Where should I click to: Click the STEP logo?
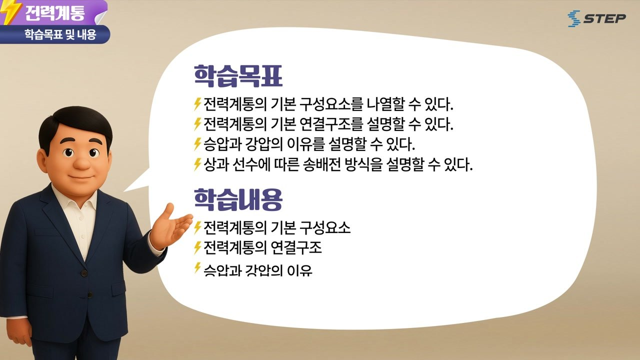click(596, 18)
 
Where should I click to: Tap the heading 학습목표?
click(238, 76)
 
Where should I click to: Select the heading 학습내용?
click(238, 199)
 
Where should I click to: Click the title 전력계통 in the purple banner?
click(54, 12)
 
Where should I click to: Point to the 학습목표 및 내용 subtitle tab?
click(59, 35)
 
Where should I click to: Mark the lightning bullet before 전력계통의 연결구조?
click(197, 247)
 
